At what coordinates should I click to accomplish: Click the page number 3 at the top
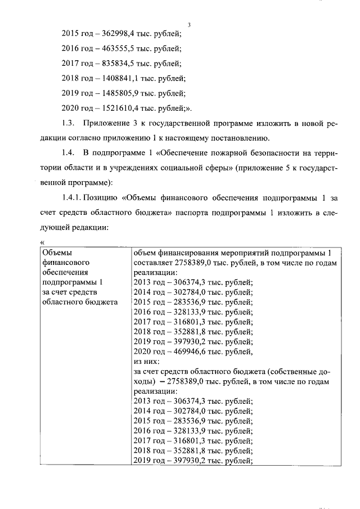coord(190,24)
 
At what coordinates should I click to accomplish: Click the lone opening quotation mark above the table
coord(43,242)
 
